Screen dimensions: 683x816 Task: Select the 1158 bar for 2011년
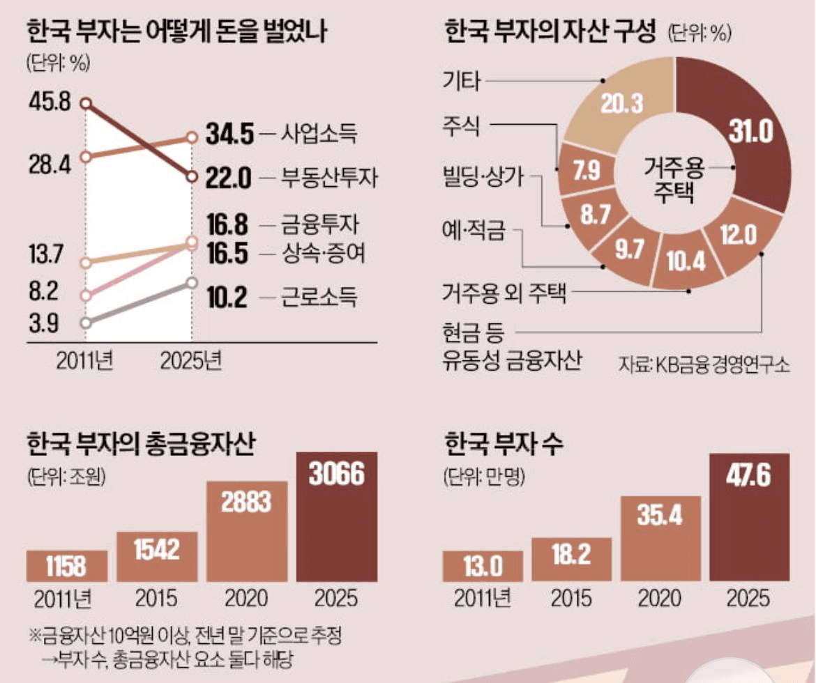[x=67, y=566]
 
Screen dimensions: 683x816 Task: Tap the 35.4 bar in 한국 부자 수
[x=660, y=538]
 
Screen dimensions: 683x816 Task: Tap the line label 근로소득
[x=319, y=299]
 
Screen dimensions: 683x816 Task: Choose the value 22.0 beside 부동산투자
[x=229, y=178]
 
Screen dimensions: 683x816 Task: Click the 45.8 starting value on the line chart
[x=50, y=102]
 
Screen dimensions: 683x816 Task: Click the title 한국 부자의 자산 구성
[x=550, y=32]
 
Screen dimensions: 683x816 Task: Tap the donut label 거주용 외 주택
[x=504, y=293]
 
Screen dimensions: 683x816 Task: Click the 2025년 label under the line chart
[x=191, y=361]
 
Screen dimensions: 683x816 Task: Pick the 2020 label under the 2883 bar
[x=246, y=599]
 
